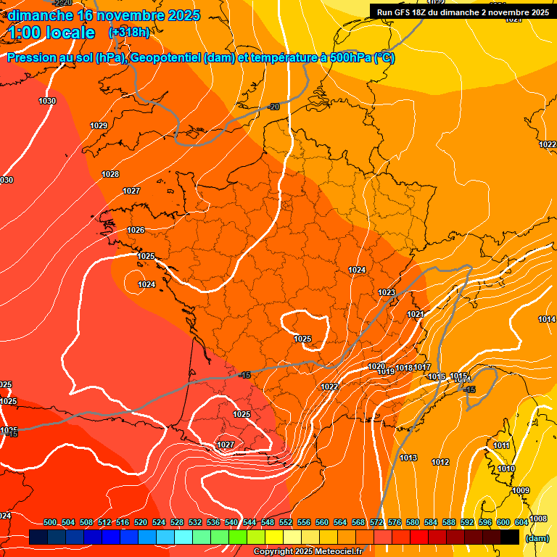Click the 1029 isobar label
coord(99,126)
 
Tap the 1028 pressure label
coord(110,175)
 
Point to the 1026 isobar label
coord(136,231)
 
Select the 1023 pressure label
coord(387,293)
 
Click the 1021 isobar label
coord(416,315)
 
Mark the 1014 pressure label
coord(547,320)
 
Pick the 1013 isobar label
coord(408,458)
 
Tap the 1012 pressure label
coord(440,463)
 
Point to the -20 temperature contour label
coord(273,107)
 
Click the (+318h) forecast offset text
coord(128,33)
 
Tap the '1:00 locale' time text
coord(51,33)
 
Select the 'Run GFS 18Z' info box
coord(463,12)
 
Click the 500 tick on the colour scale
coord(50,522)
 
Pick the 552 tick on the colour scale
coord(286,522)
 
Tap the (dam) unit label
coord(537,538)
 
